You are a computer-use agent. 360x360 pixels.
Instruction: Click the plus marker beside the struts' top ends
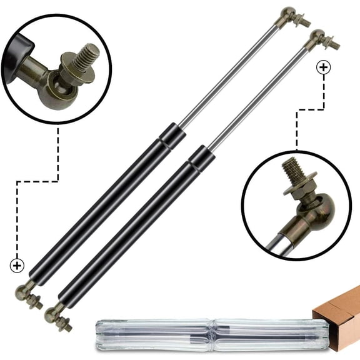tap(323, 67)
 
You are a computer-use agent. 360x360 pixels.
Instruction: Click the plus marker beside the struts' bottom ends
tap(17, 266)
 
